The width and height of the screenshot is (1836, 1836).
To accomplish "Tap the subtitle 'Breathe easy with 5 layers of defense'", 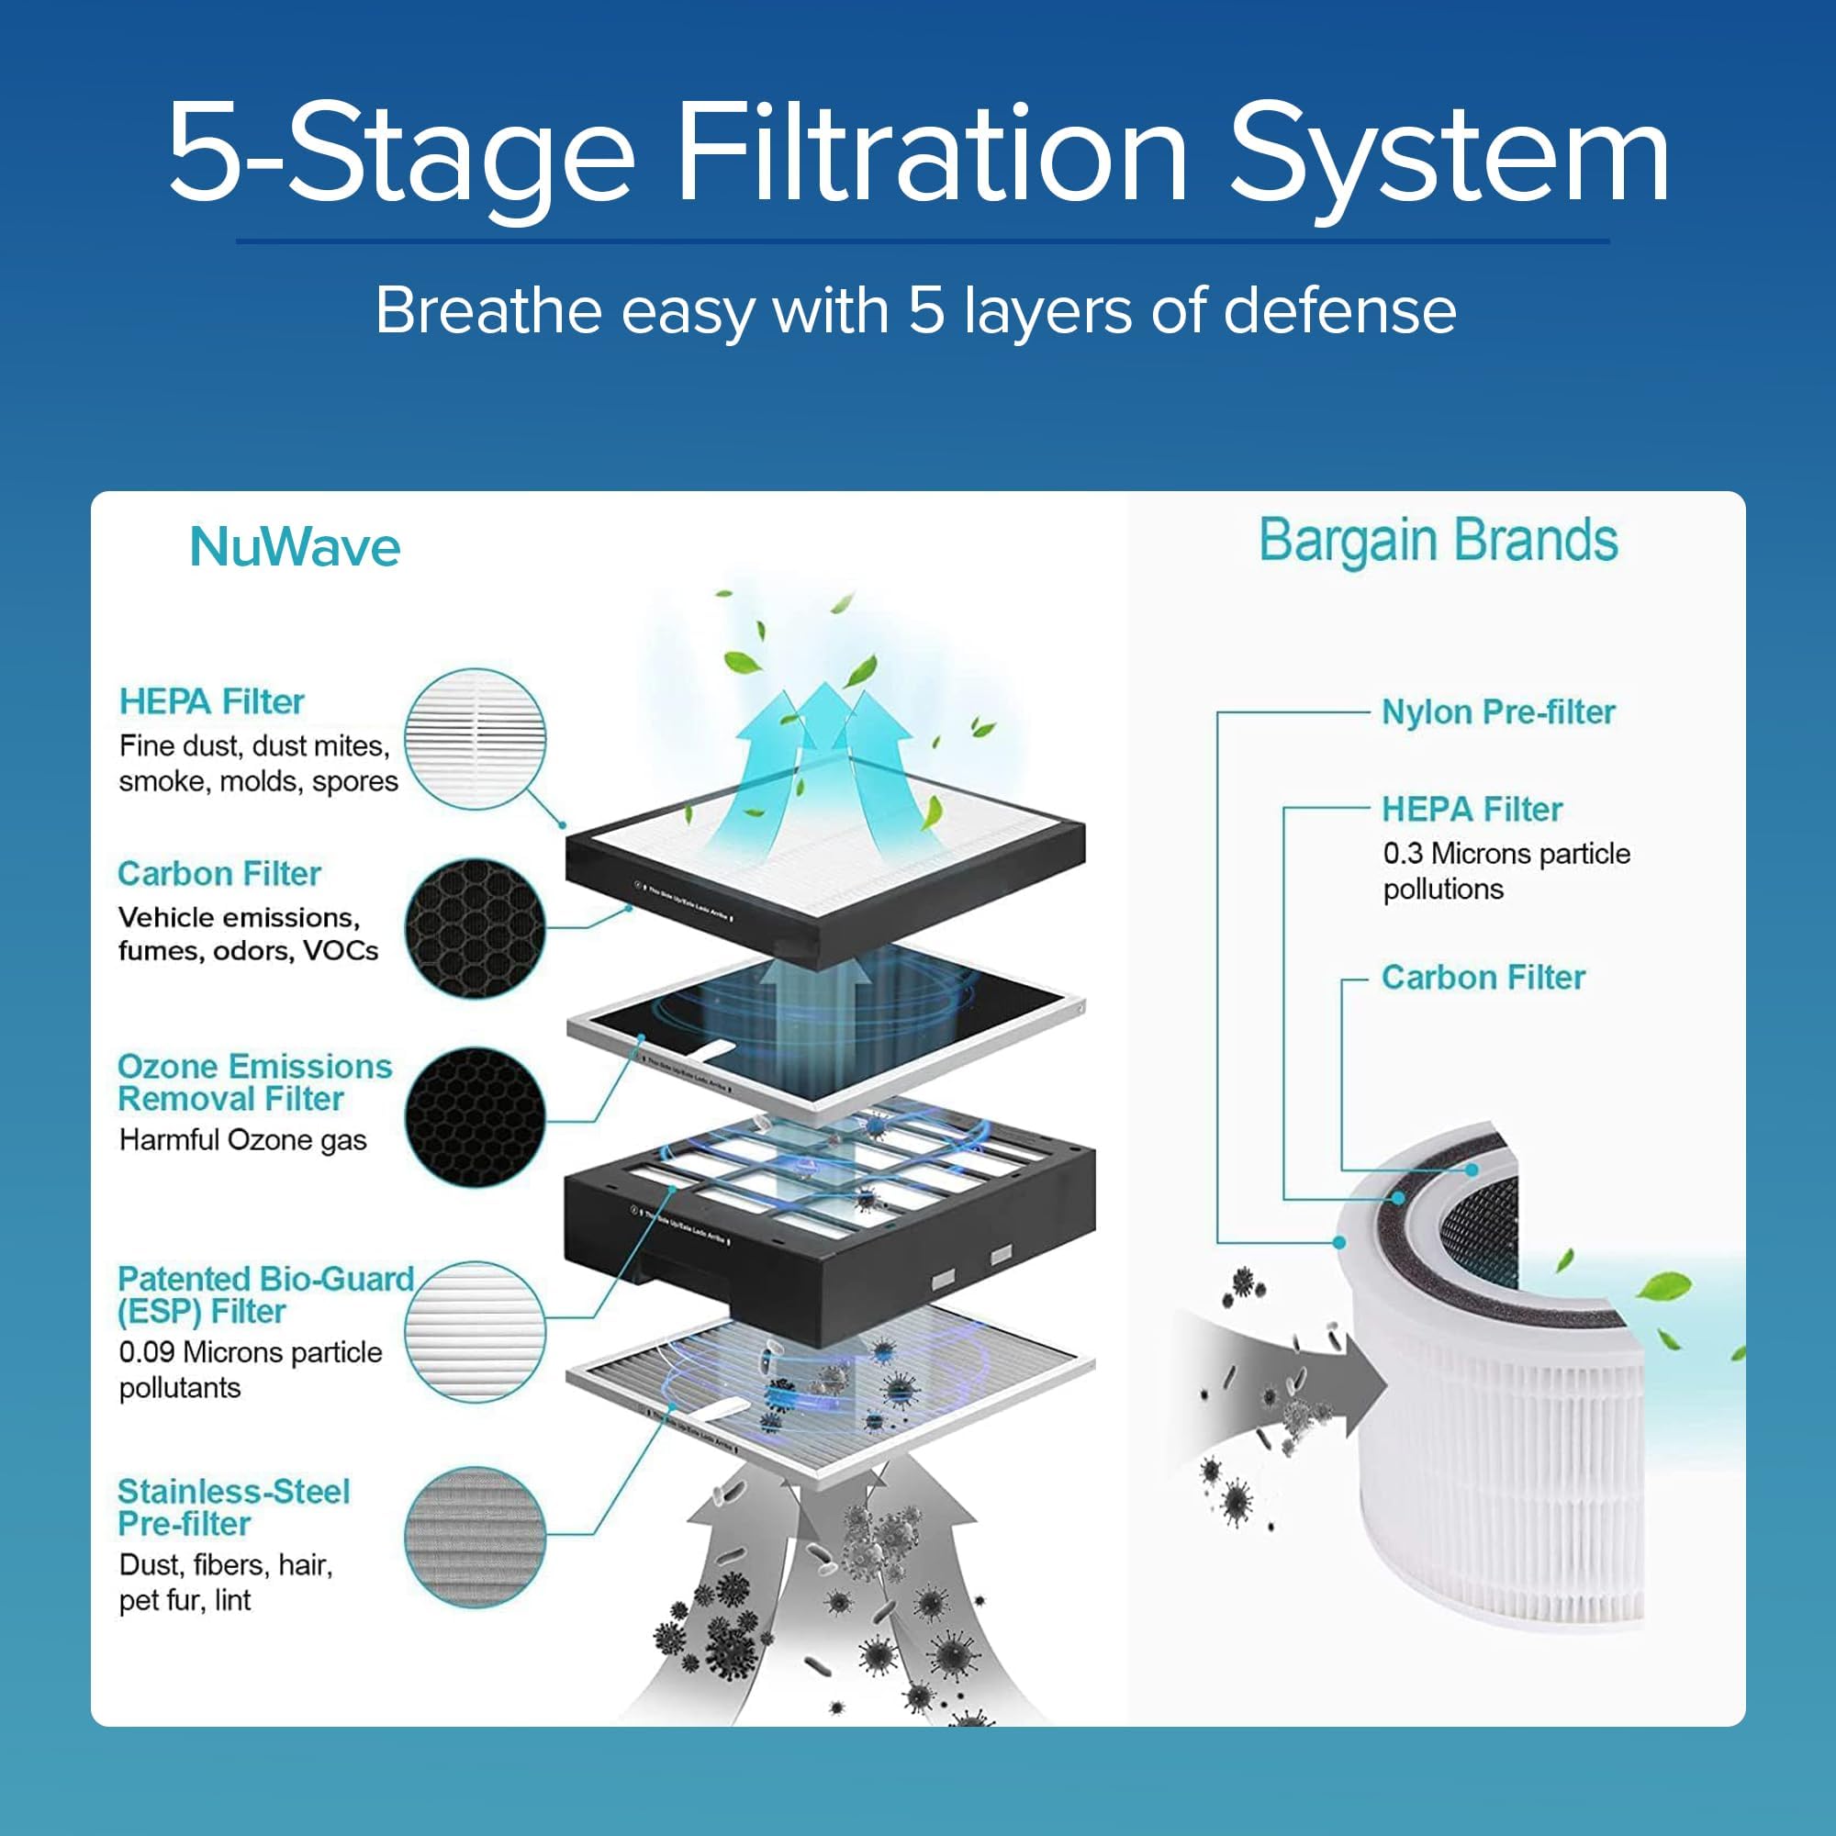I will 915,311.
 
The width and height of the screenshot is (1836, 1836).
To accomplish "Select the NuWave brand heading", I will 295,547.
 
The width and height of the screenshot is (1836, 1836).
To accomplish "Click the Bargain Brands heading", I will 1438,541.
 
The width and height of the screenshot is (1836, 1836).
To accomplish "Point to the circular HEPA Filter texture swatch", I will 476,739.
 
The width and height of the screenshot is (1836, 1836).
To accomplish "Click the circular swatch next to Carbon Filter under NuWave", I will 476,928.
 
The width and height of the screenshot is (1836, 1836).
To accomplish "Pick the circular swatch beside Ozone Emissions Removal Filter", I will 476,1116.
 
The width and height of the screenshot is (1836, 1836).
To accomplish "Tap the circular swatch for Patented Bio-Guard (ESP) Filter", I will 476,1330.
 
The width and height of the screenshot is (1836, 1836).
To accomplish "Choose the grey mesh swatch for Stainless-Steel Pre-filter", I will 476,1538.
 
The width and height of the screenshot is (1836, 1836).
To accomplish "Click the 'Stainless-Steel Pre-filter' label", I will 233,1507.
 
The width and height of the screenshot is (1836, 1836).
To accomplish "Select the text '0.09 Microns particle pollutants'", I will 249,1370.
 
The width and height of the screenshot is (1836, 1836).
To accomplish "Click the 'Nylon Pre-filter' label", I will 1497,711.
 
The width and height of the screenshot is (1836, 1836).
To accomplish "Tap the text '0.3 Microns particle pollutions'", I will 1506,870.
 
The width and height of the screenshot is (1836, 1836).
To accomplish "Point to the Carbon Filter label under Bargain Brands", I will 1483,977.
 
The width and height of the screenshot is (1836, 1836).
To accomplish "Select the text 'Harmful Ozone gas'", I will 242,1139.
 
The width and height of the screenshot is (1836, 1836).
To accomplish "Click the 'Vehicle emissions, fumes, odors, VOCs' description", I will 247,934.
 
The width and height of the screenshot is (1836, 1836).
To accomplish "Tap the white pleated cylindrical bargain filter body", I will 1502,1483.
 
